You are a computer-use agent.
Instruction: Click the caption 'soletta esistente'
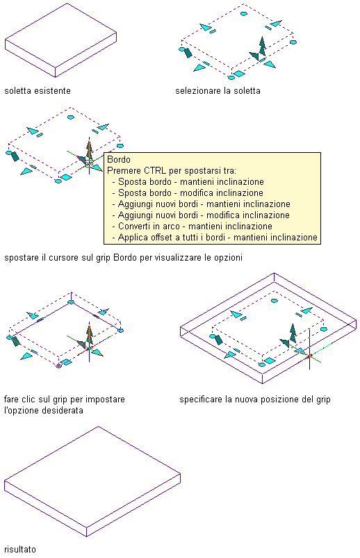pyautogui.click(x=38, y=91)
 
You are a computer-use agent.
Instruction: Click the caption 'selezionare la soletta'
pyautogui.click(x=218, y=91)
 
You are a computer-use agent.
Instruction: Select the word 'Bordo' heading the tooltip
pyautogui.click(x=119, y=159)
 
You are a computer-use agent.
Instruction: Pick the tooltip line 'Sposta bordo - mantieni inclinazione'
pyautogui.click(x=191, y=182)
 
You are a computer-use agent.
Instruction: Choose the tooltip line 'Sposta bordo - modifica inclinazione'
pyautogui.click(x=190, y=193)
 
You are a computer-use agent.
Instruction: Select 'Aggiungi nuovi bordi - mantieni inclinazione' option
pyautogui.click(x=204, y=204)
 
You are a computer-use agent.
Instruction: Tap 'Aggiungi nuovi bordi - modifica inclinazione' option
pyautogui.click(x=204, y=215)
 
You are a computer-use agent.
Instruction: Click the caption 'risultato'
pyautogui.click(x=20, y=549)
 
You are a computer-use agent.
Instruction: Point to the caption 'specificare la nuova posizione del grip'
pyautogui.click(x=255, y=400)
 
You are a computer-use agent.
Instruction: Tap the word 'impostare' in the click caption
pyautogui.click(x=106, y=400)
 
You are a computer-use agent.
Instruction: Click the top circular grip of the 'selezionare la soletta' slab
pyautogui.click(x=243, y=13)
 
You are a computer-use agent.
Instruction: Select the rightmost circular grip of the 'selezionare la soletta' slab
pyautogui.click(x=293, y=42)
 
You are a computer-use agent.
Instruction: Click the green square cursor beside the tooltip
pyautogui.click(x=89, y=163)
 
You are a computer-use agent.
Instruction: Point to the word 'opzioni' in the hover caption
pyautogui.click(x=228, y=258)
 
